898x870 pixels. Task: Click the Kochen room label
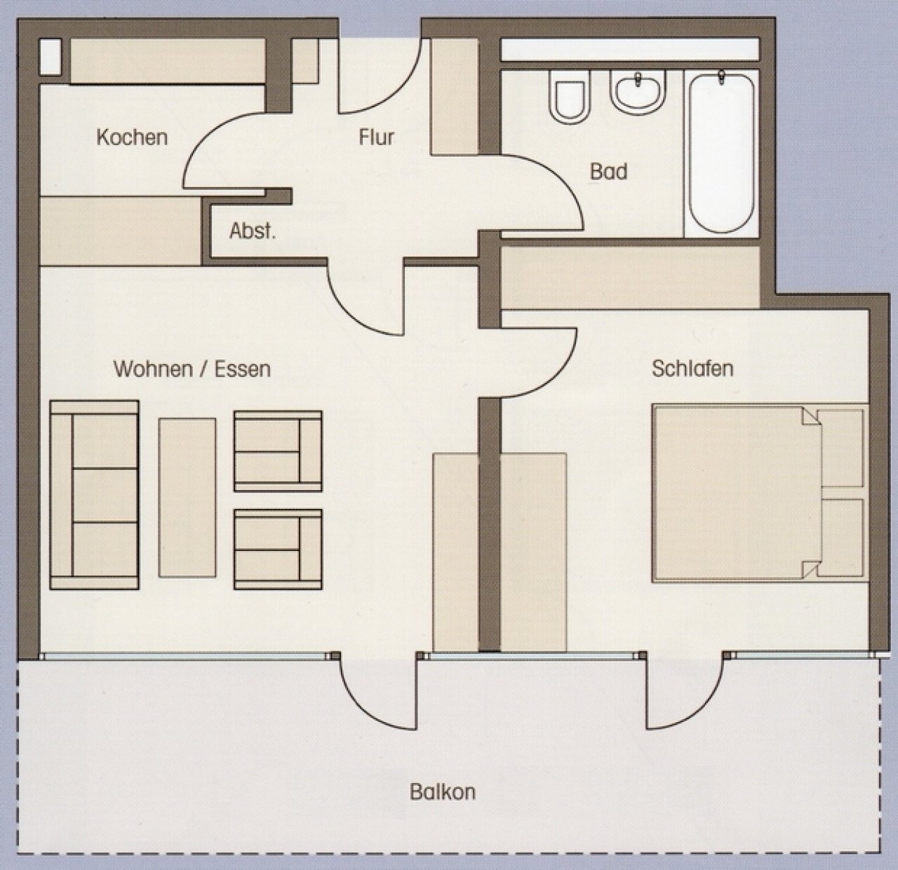point(132,137)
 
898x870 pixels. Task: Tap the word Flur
point(377,137)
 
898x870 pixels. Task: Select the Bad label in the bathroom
point(609,172)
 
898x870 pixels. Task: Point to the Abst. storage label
point(253,231)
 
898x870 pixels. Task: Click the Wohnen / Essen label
point(192,369)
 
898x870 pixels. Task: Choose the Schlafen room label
point(692,368)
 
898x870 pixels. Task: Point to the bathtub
point(722,153)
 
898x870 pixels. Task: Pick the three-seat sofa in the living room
point(94,495)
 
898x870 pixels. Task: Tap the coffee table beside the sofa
point(187,498)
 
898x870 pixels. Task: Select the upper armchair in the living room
point(278,451)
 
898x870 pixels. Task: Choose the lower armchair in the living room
point(278,549)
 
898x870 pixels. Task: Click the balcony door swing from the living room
point(365,709)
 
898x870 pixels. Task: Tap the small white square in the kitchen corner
point(51,57)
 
